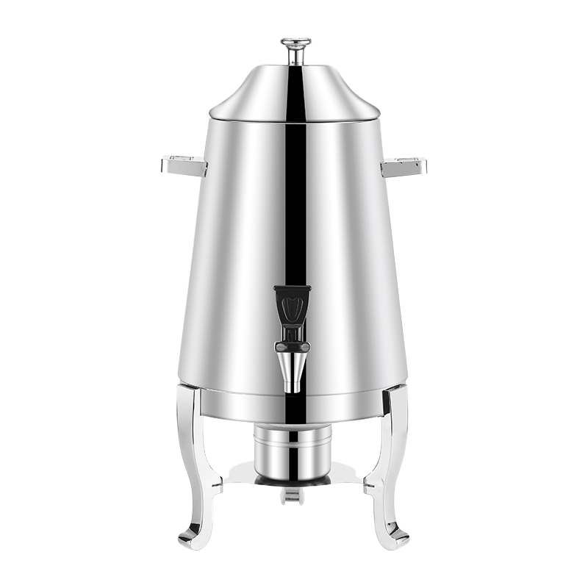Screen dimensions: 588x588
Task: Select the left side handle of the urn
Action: (184, 166)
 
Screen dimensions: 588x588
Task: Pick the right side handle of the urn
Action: (404, 168)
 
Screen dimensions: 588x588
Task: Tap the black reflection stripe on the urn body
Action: (295, 206)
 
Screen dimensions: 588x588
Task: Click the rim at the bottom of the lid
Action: (243, 115)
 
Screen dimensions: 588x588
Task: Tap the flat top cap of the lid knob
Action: (295, 42)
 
